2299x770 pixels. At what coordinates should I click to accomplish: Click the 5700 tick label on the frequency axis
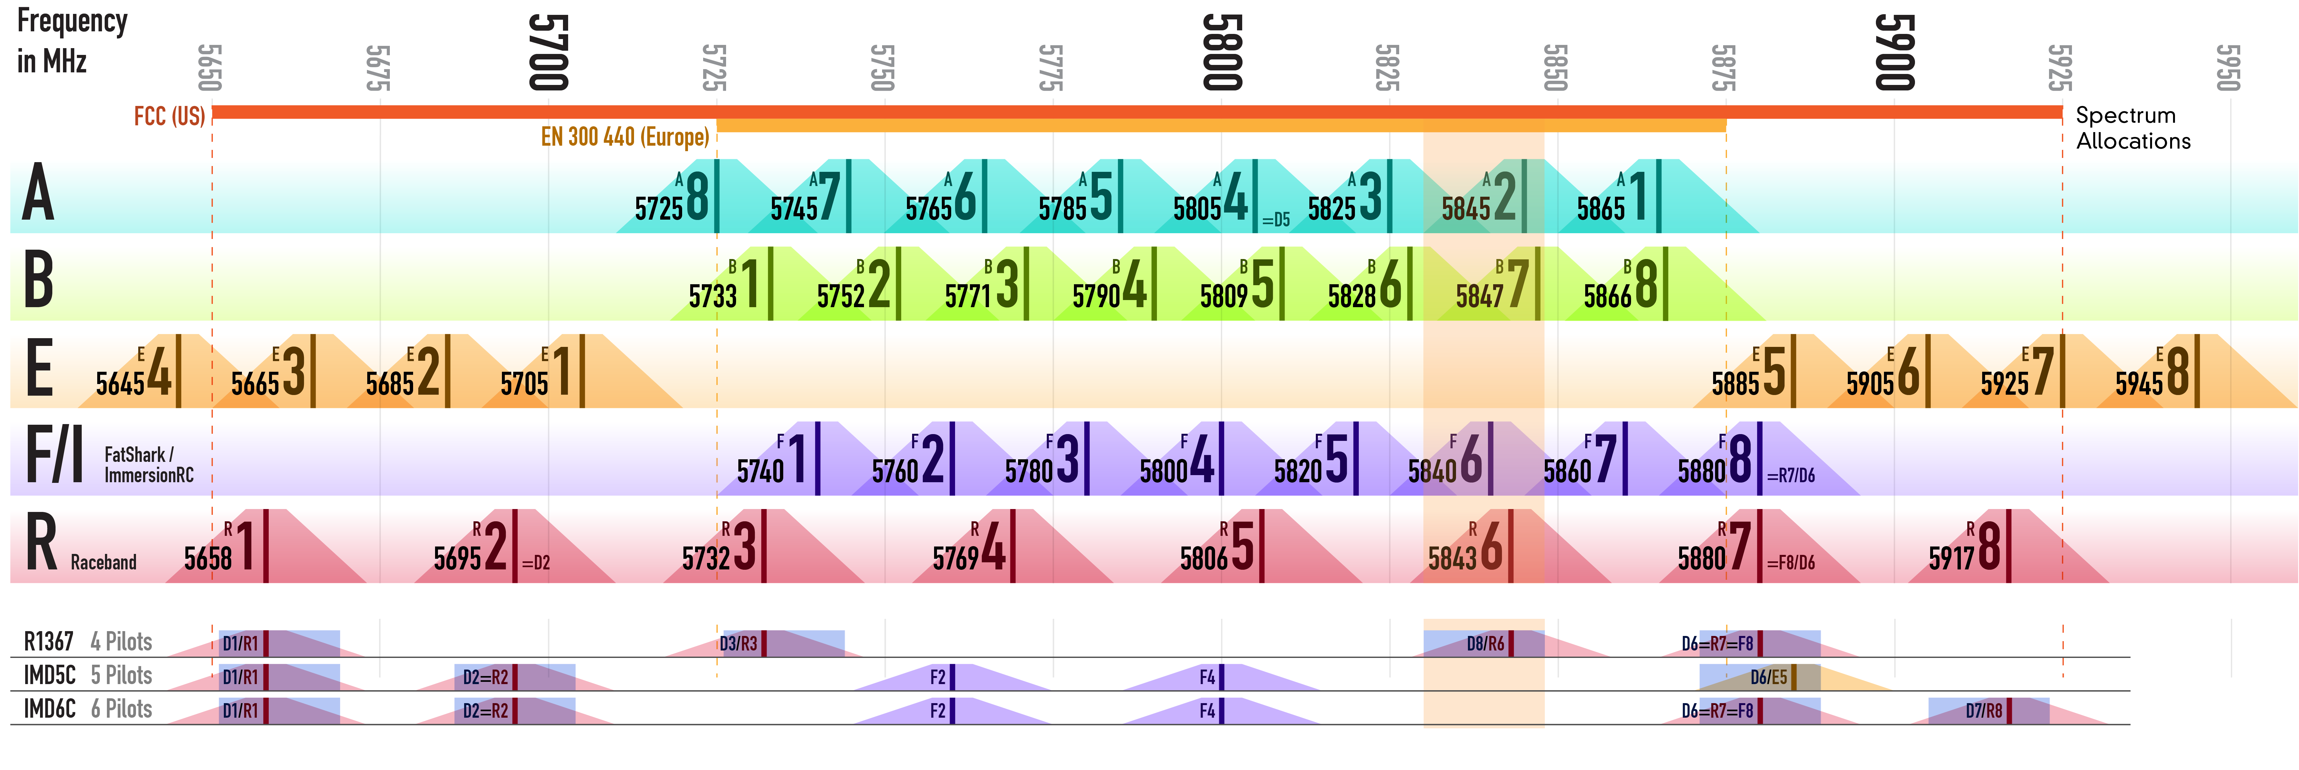[x=548, y=52]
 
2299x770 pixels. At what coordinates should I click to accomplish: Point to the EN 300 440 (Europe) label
[x=625, y=137]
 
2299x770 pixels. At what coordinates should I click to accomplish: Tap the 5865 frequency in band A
[x=1600, y=209]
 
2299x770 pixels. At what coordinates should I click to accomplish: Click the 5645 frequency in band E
[x=120, y=384]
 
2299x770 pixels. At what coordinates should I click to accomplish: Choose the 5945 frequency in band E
[x=2138, y=384]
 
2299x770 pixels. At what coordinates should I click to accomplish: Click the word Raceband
[x=104, y=562]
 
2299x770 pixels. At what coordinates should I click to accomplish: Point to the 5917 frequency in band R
[x=1952, y=558]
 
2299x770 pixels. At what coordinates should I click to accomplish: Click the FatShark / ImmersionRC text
[x=148, y=465]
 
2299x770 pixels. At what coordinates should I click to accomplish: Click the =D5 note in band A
[x=1275, y=220]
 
